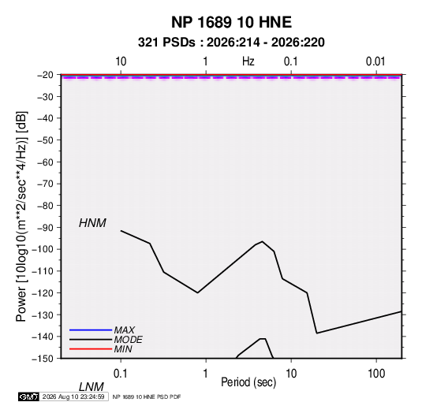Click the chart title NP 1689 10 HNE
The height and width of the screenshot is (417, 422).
click(x=231, y=22)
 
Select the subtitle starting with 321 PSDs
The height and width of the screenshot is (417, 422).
click(x=231, y=43)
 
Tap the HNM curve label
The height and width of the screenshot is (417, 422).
click(x=92, y=223)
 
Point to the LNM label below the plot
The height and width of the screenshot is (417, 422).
click(x=91, y=387)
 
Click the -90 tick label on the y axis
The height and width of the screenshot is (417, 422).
click(x=45, y=228)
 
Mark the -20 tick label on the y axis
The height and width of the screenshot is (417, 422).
click(x=45, y=75)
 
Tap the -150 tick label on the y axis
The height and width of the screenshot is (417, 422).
click(x=43, y=359)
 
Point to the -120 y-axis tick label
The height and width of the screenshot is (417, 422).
click(x=43, y=293)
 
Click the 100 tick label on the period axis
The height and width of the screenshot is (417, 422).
click(x=376, y=374)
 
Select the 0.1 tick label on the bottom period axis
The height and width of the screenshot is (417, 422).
click(x=121, y=374)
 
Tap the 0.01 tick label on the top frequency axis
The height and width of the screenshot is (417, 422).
click(x=375, y=61)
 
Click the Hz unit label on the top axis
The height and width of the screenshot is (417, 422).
click(x=248, y=61)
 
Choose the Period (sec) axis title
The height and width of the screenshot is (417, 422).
click(x=248, y=382)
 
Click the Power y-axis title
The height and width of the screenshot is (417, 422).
click(x=21, y=217)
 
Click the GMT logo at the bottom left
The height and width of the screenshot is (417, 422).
click(x=28, y=397)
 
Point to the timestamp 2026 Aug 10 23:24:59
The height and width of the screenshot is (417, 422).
click(x=73, y=397)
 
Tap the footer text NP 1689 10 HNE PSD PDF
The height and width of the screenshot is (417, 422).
click(x=147, y=397)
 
